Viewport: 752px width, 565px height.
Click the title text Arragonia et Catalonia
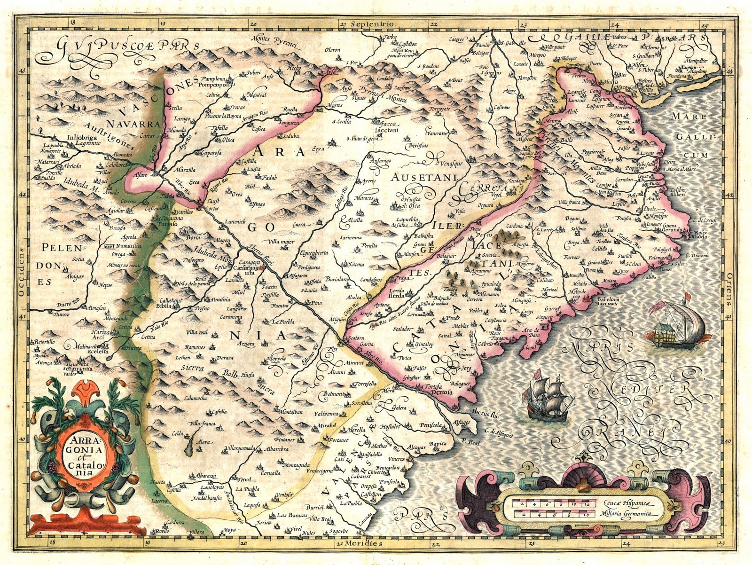pyautogui.click(x=86, y=453)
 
